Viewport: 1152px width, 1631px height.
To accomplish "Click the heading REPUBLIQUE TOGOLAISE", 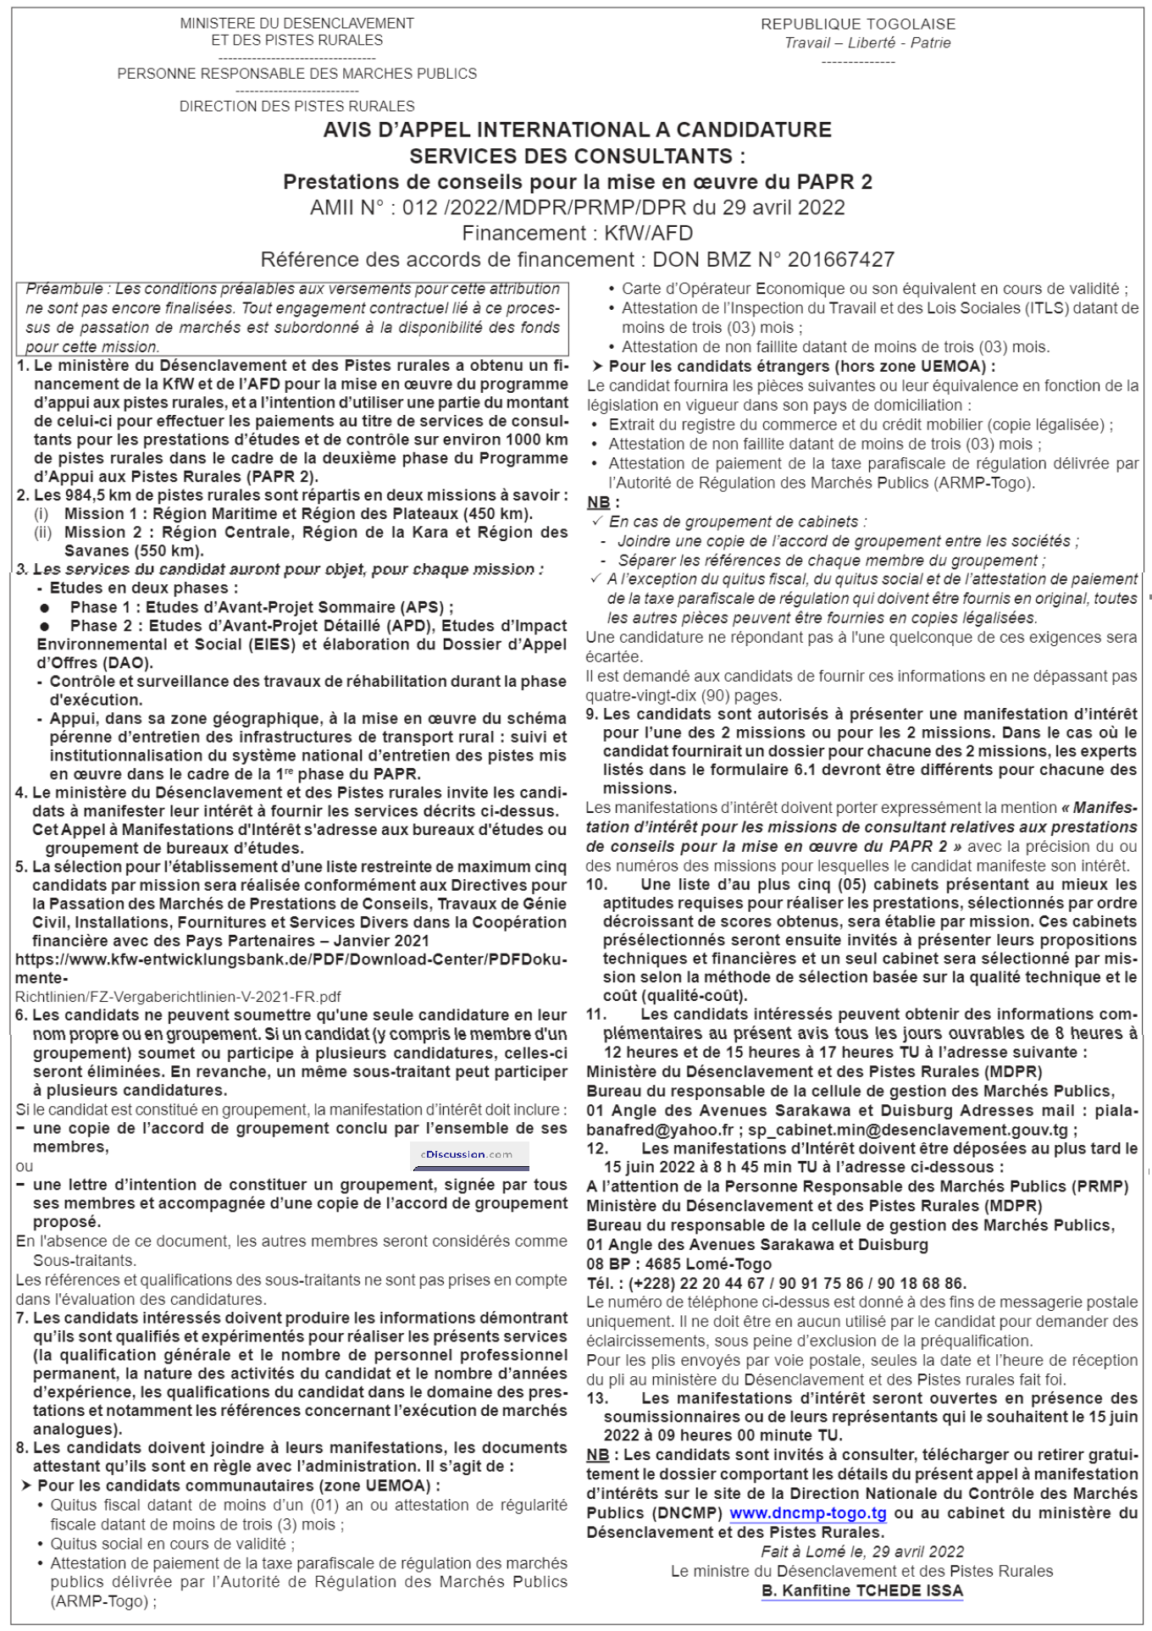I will click(858, 25).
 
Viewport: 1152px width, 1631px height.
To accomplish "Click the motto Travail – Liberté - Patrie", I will click(867, 43).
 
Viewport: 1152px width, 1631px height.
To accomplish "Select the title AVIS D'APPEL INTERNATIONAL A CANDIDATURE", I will click(577, 130).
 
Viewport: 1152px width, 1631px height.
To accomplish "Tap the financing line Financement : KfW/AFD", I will click(577, 233).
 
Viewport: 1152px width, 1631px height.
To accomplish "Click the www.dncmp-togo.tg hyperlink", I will click(807, 1513).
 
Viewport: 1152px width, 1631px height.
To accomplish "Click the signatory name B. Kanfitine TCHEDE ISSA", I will click(861, 1590).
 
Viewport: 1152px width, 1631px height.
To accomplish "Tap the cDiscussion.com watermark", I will click(467, 1154).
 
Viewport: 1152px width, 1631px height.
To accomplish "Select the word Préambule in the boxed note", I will click(64, 289).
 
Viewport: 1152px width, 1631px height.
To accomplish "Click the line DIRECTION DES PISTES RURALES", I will click(296, 106).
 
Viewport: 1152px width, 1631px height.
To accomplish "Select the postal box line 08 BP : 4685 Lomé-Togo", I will click(678, 1263).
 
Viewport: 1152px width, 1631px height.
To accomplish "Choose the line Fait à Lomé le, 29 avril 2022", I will click(861, 1551).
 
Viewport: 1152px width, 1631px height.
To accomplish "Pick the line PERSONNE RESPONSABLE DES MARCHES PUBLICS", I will click(296, 74).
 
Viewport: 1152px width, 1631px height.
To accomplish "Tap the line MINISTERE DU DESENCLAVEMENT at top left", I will click(296, 24).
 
